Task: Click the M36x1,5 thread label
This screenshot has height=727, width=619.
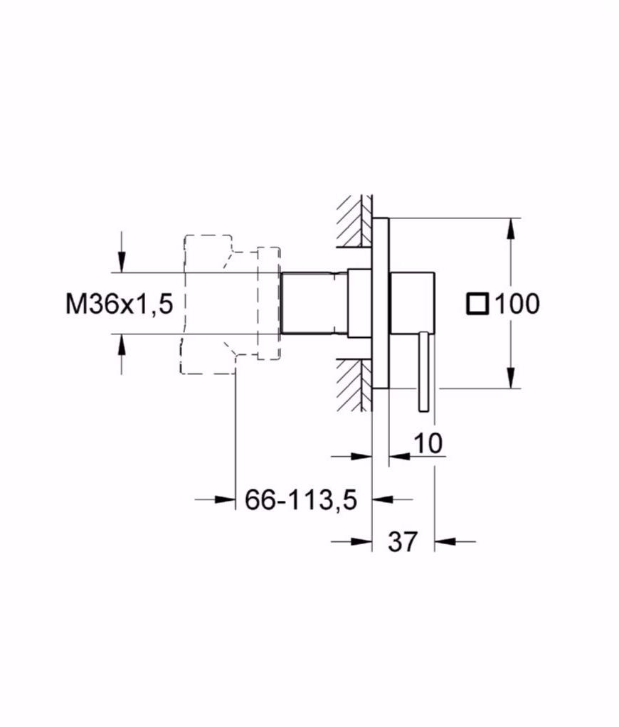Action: point(119,304)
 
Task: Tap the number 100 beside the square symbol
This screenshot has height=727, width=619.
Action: point(517,304)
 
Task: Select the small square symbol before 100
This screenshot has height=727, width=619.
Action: point(477,304)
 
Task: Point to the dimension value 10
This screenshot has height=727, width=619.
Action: point(428,443)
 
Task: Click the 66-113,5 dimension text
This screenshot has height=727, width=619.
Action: point(301,500)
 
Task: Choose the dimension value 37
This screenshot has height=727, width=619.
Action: point(403,541)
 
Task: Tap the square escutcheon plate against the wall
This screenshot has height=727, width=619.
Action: point(381,303)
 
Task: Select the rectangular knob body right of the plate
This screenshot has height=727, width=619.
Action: point(413,303)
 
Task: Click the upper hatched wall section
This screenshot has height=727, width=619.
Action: point(355,221)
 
